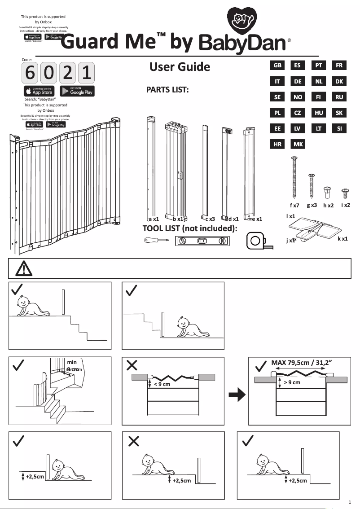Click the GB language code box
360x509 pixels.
point(278,65)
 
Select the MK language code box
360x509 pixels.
point(297,145)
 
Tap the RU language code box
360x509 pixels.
point(339,97)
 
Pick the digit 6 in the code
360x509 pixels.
point(30,73)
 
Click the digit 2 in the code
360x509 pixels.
point(67,73)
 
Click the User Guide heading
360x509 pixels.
point(180,67)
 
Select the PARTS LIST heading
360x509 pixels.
point(167,90)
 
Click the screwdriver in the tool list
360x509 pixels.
point(155,241)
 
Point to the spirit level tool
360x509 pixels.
point(202,241)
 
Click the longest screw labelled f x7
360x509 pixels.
point(294,177)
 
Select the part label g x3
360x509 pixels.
point(312,205)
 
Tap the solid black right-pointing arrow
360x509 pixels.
point(236,395)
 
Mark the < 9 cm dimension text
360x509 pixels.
point(162,384)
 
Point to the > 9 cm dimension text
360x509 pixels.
point(292,382)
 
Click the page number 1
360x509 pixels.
point(350,501)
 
